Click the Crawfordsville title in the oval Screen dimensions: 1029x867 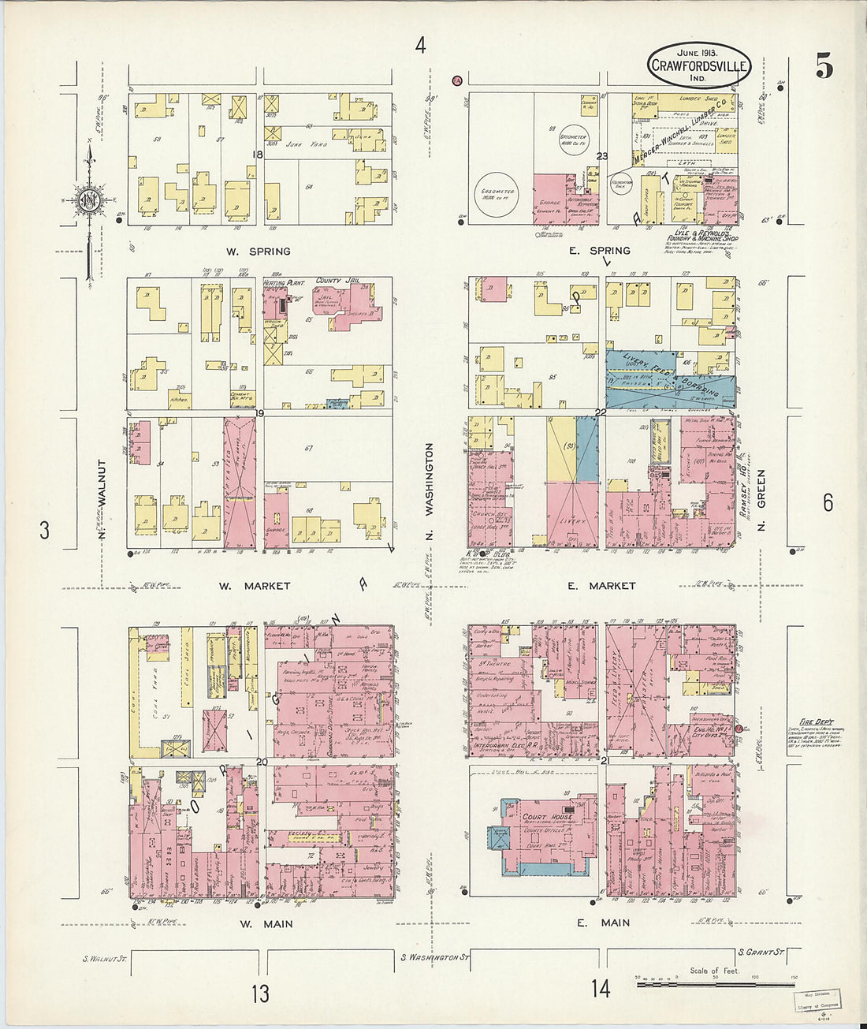point(699,66)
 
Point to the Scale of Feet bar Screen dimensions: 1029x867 point(715,983)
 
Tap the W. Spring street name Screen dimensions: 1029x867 point(259,252)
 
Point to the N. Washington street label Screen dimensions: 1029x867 point(430,479)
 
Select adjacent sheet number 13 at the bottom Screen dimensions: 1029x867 point(260,993)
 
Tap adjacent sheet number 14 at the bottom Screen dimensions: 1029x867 point(601,988)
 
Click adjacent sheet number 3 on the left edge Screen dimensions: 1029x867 point(44,531)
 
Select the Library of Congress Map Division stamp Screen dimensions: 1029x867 point(817,999)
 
